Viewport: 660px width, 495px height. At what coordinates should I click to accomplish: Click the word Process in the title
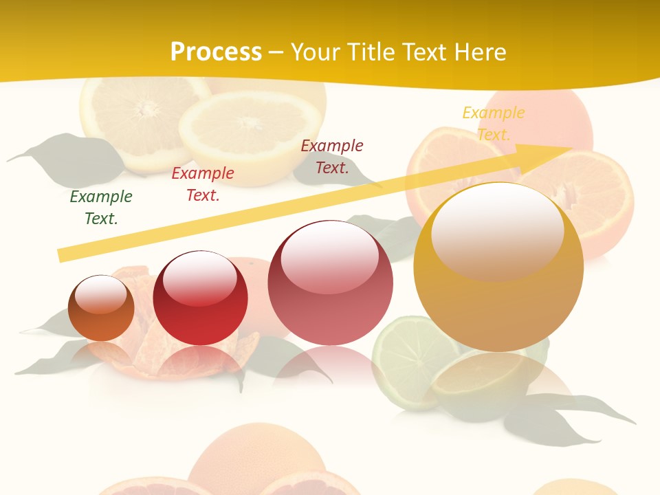(216, 52)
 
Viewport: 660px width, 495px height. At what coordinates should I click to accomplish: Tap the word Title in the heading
(369, 52)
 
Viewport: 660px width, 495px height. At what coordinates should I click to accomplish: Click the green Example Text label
(101, 208)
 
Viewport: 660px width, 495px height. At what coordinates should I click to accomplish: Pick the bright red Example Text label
(203, 184)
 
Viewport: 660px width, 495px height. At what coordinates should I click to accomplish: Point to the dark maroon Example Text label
(332, 156)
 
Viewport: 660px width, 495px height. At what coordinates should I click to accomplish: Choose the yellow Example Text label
(494, 123)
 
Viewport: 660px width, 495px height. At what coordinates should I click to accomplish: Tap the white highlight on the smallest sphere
(101, 294)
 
